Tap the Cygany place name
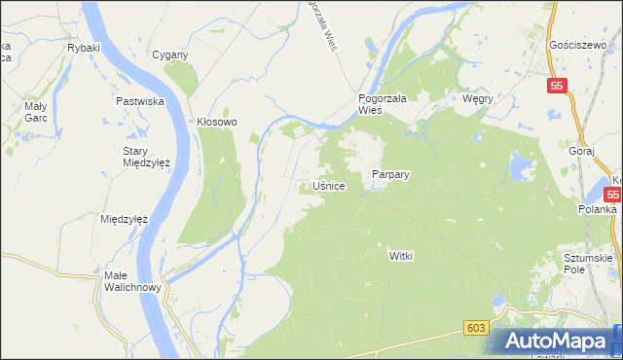point(169,54)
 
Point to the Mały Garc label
point(35,111)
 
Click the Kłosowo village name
point(217,122)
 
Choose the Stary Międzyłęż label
point(147,157)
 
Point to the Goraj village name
point(580,153)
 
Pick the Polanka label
point(596,209)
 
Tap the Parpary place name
point(390,175)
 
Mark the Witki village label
point(402,254)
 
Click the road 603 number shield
point(475,329)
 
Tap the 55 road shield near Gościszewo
point(555,87)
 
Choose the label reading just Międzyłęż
point(124,219)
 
